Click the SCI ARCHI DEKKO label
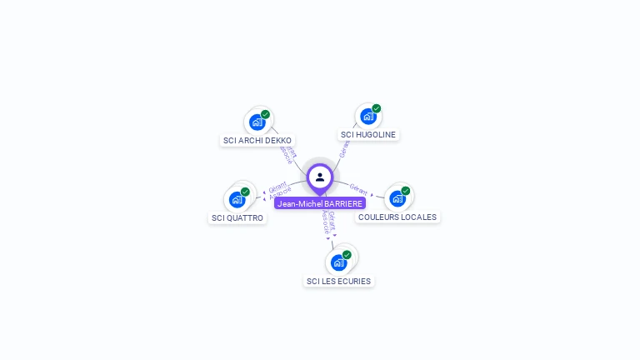click(x=257, y=141)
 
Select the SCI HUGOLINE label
click(x=368, y=135)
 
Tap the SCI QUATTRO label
click(x=237, y=218)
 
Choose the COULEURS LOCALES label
click(x=397, y=217)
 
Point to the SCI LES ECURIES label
click(x=338, y=282)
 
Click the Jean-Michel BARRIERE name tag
click(x=320, y=203)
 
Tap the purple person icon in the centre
click(x=320, y=177)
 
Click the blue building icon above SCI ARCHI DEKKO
click(x=257, y=122)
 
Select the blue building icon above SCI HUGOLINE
click(x=367, y=117)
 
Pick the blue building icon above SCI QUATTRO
click(x=237, y=199)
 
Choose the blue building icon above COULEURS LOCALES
click(x=397, y=198)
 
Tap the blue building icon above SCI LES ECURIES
click(x=338, y=262)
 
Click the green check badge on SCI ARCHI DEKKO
click(x=265, y=114)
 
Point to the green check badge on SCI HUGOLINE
click(x=376, y=108)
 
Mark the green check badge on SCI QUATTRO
click(x=245, y=192)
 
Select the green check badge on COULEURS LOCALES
click(x=405, y=191)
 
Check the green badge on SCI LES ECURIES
click(x=347, y=255)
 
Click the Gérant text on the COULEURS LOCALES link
click(x=358, y=188)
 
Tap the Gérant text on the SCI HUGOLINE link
click(x=344, y=150)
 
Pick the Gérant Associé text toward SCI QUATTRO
click(x=280, y=189)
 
